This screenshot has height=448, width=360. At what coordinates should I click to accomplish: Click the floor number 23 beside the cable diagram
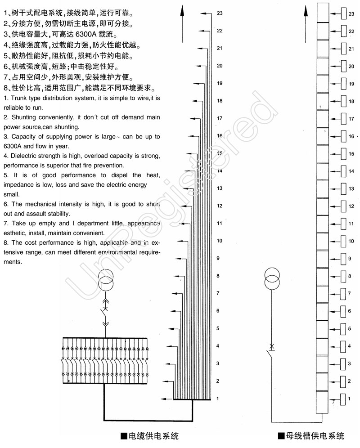(220, 13)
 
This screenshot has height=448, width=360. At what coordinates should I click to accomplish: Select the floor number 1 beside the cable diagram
(218, 399)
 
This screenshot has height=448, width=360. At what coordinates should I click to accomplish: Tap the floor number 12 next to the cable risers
(220, 206)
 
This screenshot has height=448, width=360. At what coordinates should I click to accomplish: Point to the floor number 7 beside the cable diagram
(218, 293)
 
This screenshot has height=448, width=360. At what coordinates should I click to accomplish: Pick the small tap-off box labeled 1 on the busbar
(344, 399)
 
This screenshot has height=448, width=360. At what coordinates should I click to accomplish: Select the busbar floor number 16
(351, 136)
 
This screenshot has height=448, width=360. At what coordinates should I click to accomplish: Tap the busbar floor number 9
(350, 258)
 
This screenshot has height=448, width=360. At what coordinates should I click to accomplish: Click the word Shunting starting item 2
(22, 117)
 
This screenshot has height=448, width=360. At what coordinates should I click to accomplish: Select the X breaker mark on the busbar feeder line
(272, 347)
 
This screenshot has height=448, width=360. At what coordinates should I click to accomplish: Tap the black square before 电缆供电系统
(124, 436)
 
